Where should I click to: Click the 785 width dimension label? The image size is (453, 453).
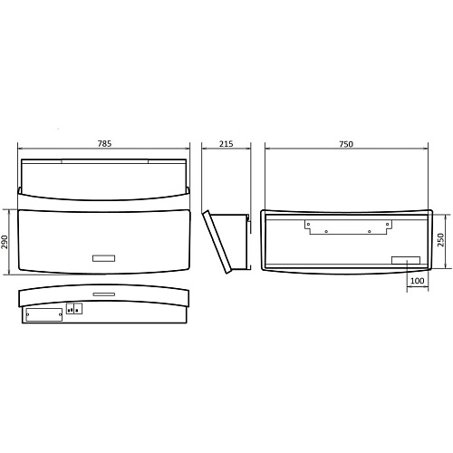click(104, 143)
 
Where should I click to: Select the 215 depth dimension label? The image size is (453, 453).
click(226, 144)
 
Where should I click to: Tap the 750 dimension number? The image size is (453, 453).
click(346, 144)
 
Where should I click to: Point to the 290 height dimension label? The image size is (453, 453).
click(5, 242)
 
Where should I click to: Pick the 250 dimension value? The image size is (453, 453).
click(441, 240)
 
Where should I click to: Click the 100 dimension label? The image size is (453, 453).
click(417, 281)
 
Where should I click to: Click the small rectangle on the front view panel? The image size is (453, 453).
click(103, 258)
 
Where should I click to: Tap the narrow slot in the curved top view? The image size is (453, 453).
click(104, 294)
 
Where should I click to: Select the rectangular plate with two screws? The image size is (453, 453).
click(44, 314)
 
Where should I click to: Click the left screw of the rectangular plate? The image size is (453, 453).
click(28, 314)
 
